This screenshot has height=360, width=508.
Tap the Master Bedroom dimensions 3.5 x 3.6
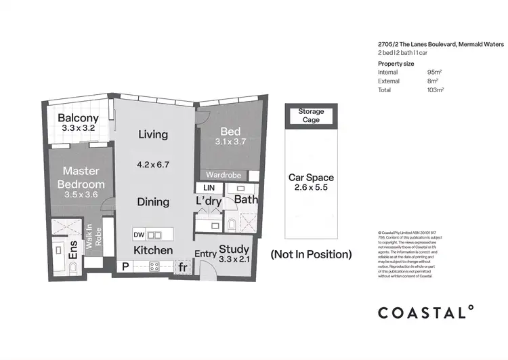point(80,195)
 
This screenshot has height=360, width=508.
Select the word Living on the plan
point(152,134)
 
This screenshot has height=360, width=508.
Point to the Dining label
point(152,201)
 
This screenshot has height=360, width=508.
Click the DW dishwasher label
point(139,235)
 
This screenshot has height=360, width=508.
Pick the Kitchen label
point(152,250)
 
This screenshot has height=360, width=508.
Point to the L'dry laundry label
point(209,201)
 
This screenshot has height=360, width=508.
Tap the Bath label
point(246,200)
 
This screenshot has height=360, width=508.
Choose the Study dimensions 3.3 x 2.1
point(234,258)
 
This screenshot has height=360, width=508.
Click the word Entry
point(206,254)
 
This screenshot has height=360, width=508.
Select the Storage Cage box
point(311,115)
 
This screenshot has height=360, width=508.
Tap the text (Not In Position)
point(311,255)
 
